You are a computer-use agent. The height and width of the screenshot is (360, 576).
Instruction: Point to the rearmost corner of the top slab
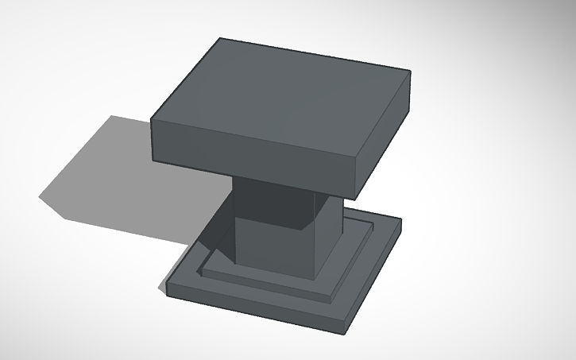tap(219, 37)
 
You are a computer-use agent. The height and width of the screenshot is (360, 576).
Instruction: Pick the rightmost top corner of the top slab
tap(411, 72)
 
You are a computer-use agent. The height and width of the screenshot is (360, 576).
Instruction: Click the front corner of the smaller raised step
tap(331, 299)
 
